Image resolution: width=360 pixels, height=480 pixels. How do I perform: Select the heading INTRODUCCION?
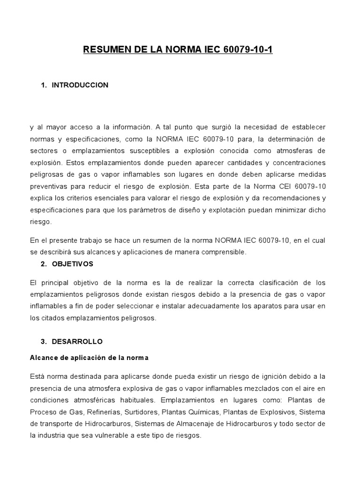(x=80, y=85)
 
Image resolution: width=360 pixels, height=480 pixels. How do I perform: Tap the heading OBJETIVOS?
(x=73, y=264)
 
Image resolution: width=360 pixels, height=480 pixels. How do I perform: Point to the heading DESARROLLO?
(x=77, y=341)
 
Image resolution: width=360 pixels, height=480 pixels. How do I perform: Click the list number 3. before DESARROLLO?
(x=44, y=341)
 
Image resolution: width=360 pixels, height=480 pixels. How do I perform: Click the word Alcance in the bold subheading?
(x=43, y=358)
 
